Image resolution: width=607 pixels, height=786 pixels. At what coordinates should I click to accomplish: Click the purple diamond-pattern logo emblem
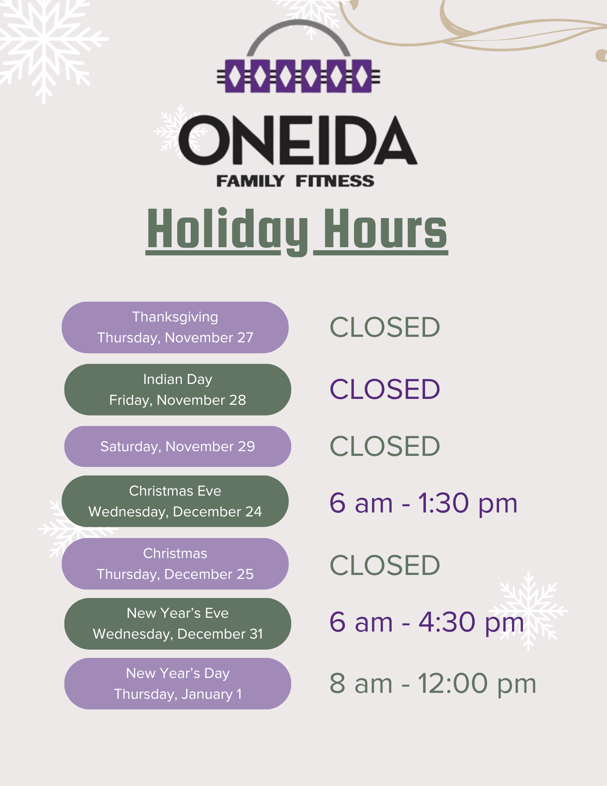[298, 75]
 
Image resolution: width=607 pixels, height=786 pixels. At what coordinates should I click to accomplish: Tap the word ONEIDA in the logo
[298, 140]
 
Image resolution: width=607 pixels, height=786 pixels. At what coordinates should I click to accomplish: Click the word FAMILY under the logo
[250, 181]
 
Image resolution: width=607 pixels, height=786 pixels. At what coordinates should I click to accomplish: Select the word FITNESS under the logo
[335, 181]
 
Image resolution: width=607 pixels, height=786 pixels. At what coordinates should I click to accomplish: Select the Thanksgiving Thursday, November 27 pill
[175, 327]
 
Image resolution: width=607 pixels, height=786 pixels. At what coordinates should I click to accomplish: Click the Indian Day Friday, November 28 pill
[178, 389]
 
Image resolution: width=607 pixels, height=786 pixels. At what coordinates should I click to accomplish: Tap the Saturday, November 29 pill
[178, 446]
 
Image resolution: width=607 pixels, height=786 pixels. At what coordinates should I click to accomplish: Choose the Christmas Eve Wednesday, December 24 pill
[175, 501]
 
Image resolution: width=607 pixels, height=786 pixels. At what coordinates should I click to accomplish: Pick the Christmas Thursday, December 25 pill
[175, 564]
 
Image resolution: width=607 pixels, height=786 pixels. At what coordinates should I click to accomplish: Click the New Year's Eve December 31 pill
[178, 624]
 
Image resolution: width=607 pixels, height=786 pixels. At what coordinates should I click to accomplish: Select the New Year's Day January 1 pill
[178, 683]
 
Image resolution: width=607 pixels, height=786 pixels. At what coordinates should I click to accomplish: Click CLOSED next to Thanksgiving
[385, 327]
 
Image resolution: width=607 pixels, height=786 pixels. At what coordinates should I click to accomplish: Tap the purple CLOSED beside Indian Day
[385, 389]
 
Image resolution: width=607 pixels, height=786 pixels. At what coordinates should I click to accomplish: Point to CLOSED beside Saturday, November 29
[385, 446]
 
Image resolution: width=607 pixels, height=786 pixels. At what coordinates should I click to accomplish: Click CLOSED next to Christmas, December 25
[385, 565]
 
